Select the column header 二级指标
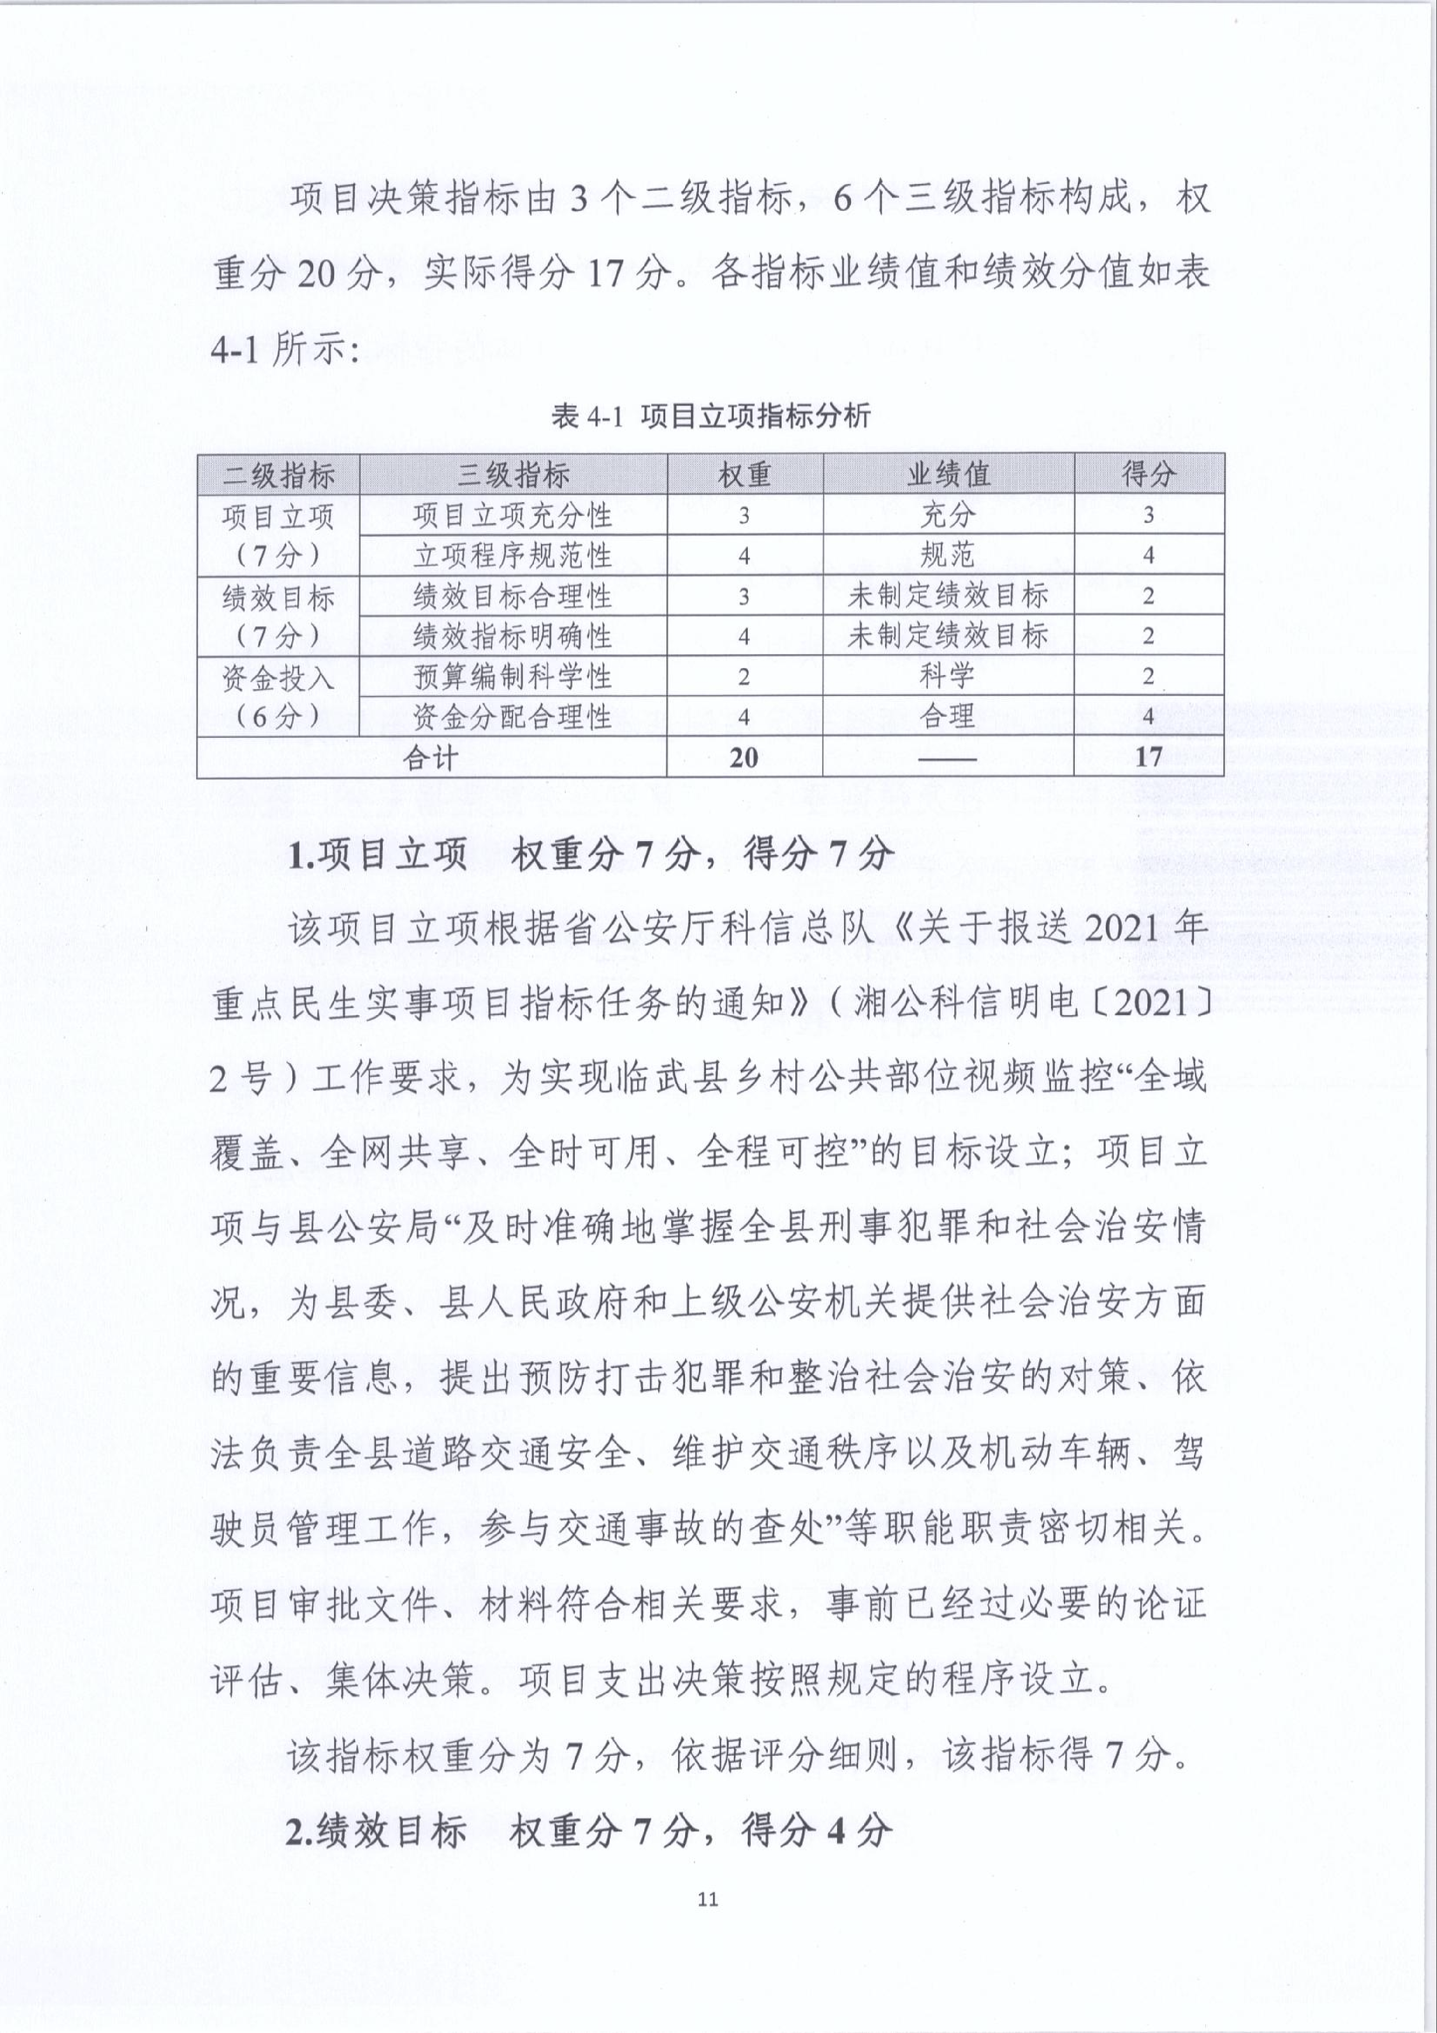pyautogui.click(x=279, y=475)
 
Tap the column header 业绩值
pyautogui.click(x=947, y=475)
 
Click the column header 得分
pyautogui.click(x=1149, y=475)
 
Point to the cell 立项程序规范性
pyautogui.click(x=513, y=555)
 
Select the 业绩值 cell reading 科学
pyautogui.click(x=947, y=676)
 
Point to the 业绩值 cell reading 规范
pyautogui.click(x=947, y=555)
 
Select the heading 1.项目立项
pyautogui.click(x=378, y=854)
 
